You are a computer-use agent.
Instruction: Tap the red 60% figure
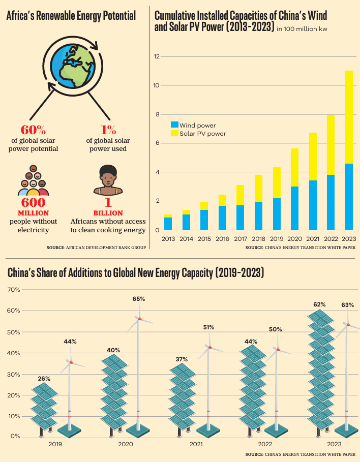tap(33, 129)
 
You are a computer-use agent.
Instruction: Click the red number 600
tap(33, 203)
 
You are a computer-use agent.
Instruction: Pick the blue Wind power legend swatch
tap(174, 125)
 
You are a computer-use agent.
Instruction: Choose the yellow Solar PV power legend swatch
tap(174, 133)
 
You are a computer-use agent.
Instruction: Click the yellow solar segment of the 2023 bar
tap(349, 117)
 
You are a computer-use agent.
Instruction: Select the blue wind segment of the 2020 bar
tap(294, 208)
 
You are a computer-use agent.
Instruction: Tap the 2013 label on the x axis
tap(168, 238)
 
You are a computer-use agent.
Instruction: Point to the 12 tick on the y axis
tap(157, 56)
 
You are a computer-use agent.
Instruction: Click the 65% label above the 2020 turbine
tap(138, 299)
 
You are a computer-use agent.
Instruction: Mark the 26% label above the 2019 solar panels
tap(44, 379)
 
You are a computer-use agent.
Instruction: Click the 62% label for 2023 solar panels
tap(319, 304)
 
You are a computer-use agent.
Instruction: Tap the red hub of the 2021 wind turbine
tap(209, 347)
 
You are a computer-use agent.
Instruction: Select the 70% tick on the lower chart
tap(14, 290)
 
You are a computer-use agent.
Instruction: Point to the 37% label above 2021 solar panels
tap(182, 359)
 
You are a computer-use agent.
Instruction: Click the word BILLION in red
tap(108, 213)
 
